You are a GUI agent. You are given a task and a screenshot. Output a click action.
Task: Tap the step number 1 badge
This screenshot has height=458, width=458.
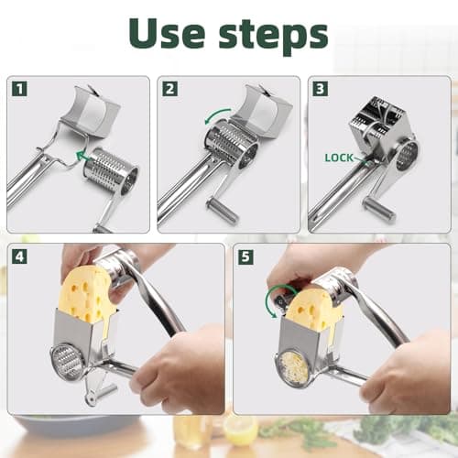(x=19, y=90)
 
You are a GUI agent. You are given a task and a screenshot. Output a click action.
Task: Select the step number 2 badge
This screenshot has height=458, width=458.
(x=169, y=90)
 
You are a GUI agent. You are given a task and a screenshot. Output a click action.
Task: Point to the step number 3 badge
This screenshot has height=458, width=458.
(x=320, y=90)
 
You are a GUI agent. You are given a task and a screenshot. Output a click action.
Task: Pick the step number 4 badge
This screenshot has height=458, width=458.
(x=19, y=257)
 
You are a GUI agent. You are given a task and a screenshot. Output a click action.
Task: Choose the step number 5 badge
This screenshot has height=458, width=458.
(x=245, y=257)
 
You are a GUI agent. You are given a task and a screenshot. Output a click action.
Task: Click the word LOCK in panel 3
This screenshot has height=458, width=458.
(x=340, y=158)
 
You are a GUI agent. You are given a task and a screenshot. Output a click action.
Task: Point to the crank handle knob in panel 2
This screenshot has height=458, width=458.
(x=224, y=214)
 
